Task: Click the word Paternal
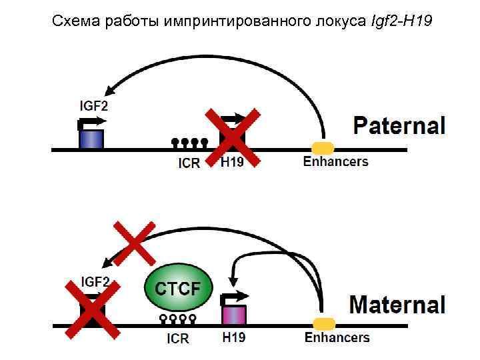(398, 125)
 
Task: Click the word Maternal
(397, 305)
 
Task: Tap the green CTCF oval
(179, 289)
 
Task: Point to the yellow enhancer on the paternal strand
(323, 147)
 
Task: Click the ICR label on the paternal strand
(189, 163)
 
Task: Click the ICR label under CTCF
(178, 339)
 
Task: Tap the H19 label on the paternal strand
(233, 162)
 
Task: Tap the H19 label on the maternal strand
(233, 337)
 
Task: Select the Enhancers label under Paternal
(335, 161)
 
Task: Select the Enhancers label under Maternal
(336, 337)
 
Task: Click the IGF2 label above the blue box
(94, 105)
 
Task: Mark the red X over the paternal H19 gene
(232, 137)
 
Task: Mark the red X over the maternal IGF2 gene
(93, 308)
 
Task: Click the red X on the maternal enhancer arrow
(135, 242)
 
